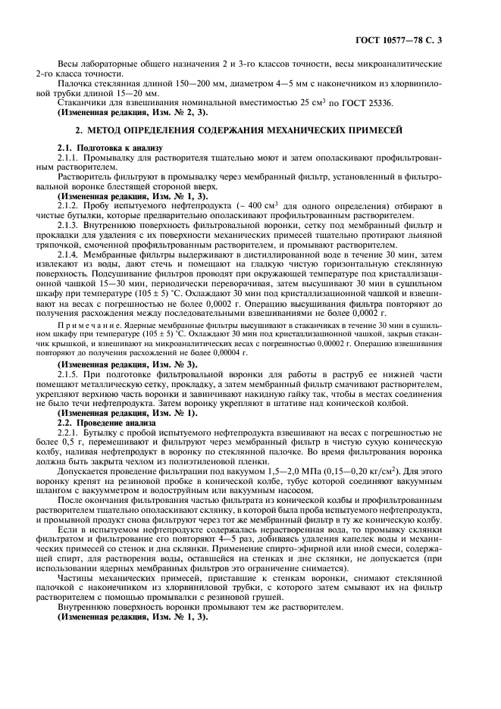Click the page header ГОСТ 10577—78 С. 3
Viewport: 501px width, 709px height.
click(429, 38)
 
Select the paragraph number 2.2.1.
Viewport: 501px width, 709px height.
click(70, 432)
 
